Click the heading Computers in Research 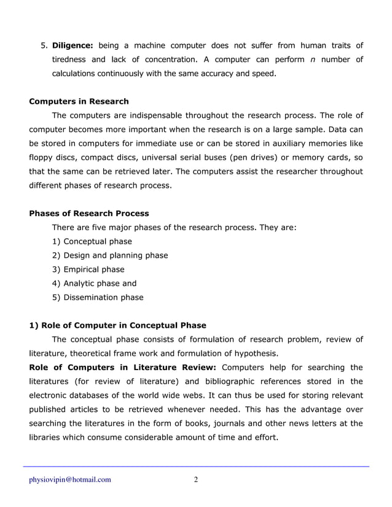pyautogui.click(x=79, y=101)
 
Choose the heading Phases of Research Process pyautogui.click(x=89, y=214)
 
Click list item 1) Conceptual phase pyautogui.click(x=92, y=241)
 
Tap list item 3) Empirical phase pyautogui.click(x=88, y=269)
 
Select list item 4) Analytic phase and pyautogui.click(x=94, y=284)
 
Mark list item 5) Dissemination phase pyautogui.click(x=98, y=298)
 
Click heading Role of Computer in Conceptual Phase pyautogui.click(x=118, y=325)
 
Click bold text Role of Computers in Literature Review pyautogui.click(x=122, y=368)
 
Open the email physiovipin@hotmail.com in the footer pyautogui.click(x=70, y=480)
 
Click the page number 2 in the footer pyautogui.click(x=196, y=480)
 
